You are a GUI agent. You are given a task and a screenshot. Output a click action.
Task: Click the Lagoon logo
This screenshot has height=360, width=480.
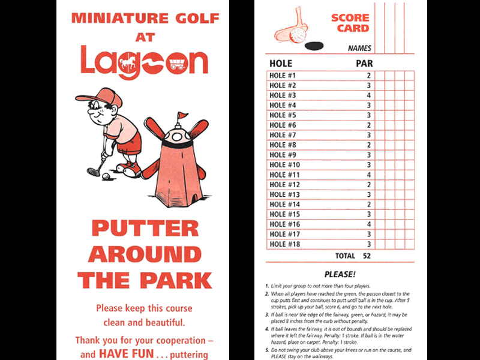(x=144, y=62)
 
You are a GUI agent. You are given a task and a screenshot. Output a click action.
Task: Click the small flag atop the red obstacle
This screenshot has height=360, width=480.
(x=181, y=116)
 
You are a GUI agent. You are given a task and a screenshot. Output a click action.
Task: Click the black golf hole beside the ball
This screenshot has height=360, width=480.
(x=313, y=45)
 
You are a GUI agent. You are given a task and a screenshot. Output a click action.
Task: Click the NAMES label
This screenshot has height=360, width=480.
(x=359, y=49)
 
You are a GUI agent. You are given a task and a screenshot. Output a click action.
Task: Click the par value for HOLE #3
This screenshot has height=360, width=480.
(x=369, y=95)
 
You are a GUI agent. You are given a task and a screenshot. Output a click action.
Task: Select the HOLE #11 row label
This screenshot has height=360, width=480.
(x=284, y=175)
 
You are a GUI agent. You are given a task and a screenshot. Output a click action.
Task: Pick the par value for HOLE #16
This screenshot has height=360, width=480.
(x=369, y=224)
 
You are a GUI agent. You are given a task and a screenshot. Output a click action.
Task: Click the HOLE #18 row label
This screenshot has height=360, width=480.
(x=284, y=244)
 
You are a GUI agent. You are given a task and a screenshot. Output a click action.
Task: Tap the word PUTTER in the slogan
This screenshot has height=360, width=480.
(x=145, y=229)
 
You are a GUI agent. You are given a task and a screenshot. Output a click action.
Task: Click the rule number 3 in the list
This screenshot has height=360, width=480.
(x=266, y=313)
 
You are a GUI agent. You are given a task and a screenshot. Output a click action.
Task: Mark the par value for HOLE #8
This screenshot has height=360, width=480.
(x=369, y=145)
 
